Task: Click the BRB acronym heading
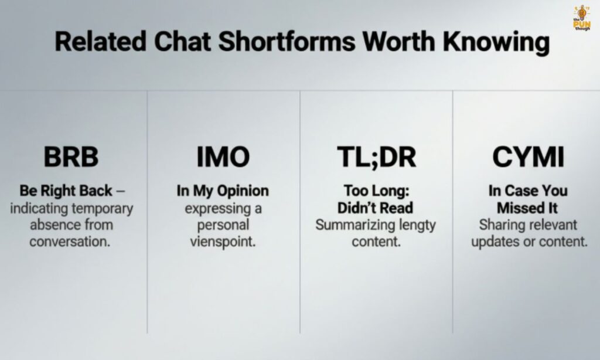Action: tap(71, 157)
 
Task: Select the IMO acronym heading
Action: tap(223, 157)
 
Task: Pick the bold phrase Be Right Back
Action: tap(66, 191)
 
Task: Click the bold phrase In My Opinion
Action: tap(223, 191)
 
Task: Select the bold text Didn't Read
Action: tap(375, 208)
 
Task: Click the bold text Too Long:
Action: tap(375, 191)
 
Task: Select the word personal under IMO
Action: tap(223, 225)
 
